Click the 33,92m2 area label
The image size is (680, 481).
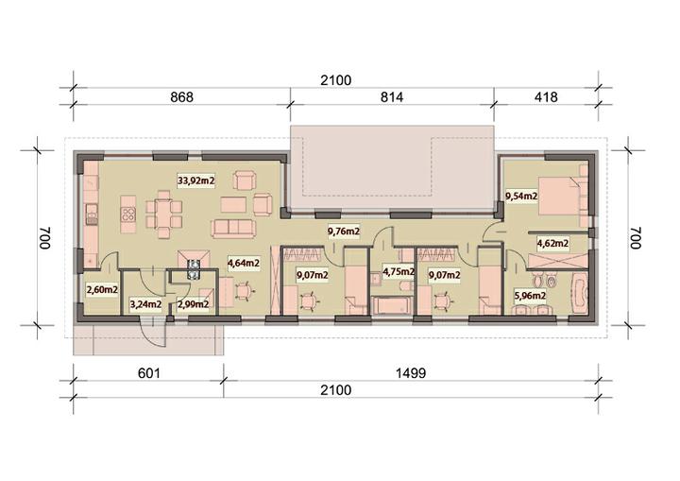[196, 180]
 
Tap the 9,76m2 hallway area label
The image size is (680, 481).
[344, 232]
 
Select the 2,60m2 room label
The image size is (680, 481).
[102, 289]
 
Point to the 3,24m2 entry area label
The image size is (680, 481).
[145, 304]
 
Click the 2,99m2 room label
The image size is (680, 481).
[193, 304]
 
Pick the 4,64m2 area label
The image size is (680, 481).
[244, 262]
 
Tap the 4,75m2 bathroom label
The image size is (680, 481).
[399, 272]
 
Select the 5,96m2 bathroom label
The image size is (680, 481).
[530, 296]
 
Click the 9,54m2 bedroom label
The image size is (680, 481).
[521, 197]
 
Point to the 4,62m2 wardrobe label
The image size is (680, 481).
[552, 243]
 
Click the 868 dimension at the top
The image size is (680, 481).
[181, 96]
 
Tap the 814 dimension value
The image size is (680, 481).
[392, 96]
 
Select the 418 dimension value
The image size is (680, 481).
[546, 96]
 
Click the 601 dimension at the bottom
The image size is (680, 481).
[149, 373]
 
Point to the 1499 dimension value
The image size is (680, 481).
[411, 373]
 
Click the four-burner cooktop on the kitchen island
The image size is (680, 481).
[127, 214]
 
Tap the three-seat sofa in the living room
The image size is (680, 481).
[233, 229]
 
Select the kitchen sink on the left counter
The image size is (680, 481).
[92, 214]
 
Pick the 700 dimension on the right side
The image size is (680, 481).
[635, 238]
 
